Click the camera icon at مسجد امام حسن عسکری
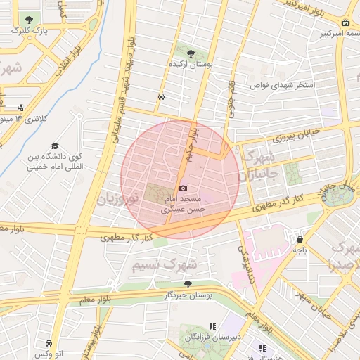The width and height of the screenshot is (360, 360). tap(184, 188)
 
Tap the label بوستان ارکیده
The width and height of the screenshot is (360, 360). tap(188, 64)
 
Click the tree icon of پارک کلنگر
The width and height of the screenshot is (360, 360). tap(28, 20)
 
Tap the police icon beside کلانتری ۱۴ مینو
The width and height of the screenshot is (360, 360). tap(20, 108)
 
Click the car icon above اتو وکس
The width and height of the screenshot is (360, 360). tap(48, 343)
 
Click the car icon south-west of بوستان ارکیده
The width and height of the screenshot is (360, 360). tap(162, 96)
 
